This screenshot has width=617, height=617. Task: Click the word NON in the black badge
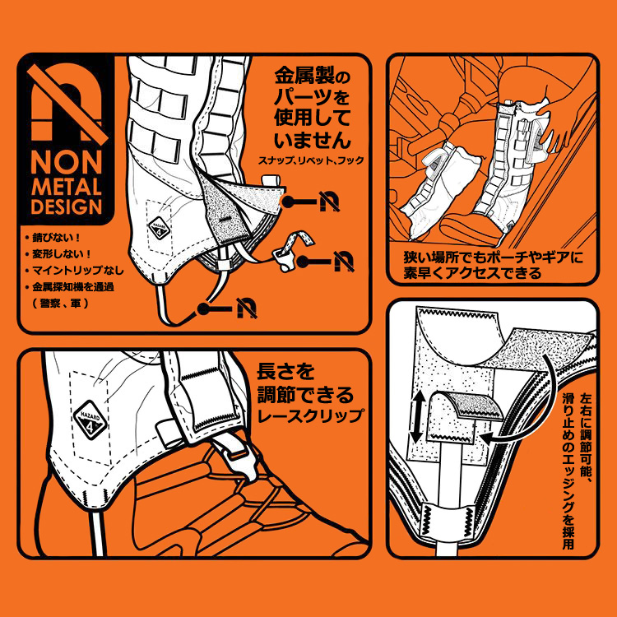pos(66,163)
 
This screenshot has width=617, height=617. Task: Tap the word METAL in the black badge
pos(66,187)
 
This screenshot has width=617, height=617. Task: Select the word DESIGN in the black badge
pos(66,206)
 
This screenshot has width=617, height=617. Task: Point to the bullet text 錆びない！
pos(56,238)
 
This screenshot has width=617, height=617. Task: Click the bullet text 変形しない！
pos(62,254)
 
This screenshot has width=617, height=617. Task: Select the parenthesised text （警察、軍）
pos(59,304)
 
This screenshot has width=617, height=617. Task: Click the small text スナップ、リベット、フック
pos(311,160)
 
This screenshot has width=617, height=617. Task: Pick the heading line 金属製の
pos(312,76)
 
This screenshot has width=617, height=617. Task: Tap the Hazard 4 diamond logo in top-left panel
pos(159,227)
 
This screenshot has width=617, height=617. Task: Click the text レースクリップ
pos(310,416)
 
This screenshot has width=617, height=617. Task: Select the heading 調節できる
pos(305,395)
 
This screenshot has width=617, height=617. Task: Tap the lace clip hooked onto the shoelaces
pos(235,458)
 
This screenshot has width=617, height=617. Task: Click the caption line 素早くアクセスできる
pos(472,272)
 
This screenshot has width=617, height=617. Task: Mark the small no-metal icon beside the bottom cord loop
pos(247,308)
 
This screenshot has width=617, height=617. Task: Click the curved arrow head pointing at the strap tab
pos(485,438)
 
